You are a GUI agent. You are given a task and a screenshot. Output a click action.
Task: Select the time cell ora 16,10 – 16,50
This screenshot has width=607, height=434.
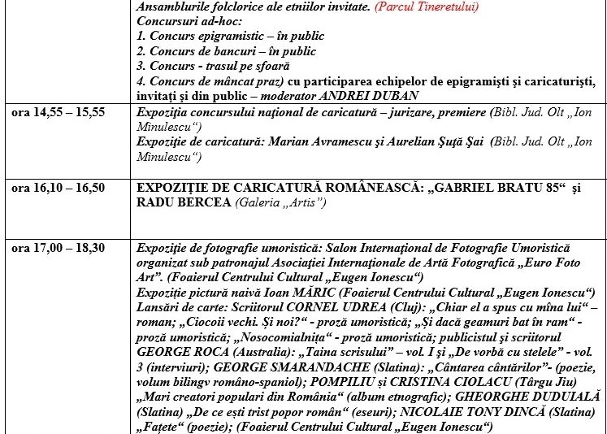pos(58,188)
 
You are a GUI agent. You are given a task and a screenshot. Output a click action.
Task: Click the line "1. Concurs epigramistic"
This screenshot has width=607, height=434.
pos(230,36)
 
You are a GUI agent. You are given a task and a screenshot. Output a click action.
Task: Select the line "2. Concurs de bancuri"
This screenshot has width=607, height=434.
pos(227,50)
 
